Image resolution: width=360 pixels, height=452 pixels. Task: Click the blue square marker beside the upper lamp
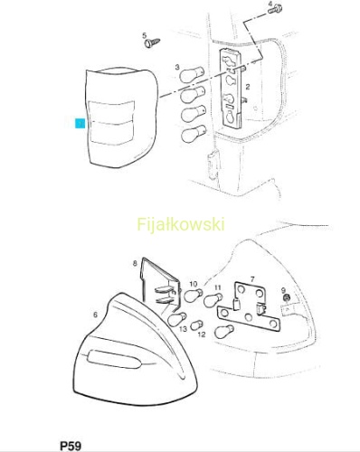click(80, 123)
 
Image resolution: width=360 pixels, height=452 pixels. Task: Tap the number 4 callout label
click(270, 4)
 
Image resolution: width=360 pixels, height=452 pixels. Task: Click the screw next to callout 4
click(275, 9)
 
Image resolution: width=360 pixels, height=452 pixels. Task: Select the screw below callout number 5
click(152, 42)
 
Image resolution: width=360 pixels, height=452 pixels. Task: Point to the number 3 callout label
click(177, 67)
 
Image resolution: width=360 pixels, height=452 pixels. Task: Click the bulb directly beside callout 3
click(192, 74)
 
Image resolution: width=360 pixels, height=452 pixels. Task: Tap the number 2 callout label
click(248, 87)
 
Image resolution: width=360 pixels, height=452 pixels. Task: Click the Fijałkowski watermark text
click(181, 224)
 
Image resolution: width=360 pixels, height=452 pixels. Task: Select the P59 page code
click(71, 446)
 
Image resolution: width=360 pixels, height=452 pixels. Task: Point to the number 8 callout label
click(135, 263)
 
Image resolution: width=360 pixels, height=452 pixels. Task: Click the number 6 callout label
click(95, 315)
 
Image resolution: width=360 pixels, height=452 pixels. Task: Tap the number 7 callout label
click(252, 279)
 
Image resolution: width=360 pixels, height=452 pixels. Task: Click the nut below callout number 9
click(287, 297)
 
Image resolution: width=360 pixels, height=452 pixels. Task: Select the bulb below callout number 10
click(193, 295)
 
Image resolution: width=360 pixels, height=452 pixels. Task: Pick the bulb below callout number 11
click(213, 299)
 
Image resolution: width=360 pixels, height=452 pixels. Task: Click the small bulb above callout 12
click(196, 325)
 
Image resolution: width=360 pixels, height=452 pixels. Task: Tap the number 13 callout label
click(183, 328)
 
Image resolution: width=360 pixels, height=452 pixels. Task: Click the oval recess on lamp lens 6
click(114, 359)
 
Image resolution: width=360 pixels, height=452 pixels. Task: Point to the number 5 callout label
click(145, 36)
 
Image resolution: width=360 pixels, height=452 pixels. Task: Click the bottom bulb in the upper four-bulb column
click(194, 135)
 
